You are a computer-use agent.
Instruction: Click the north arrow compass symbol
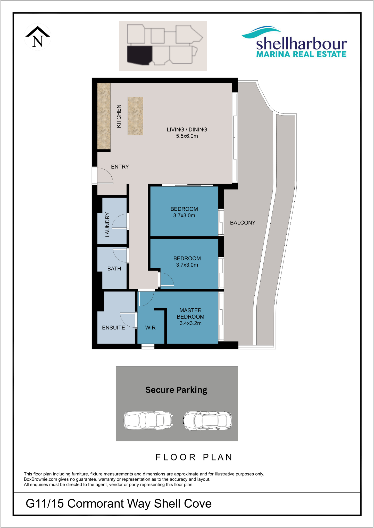tap(38, 37)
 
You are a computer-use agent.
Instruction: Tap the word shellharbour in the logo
tap(302, 44)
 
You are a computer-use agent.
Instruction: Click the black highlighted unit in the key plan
tap(139, 55)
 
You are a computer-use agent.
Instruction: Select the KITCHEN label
tap(119, 116)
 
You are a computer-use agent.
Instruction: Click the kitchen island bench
tap(135, 116)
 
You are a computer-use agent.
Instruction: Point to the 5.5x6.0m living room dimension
tap(187, 136)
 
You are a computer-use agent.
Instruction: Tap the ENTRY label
tap(120, 167)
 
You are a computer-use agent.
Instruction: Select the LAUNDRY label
tap(107, 225)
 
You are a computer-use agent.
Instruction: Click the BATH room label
tap(114, 269)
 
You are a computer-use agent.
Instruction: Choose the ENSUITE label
tap(113, 328)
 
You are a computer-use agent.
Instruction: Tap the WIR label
tap(150, 328)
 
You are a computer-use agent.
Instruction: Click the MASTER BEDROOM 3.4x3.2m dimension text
tap(190, 323)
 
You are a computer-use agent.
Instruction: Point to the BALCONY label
tap(243, 223)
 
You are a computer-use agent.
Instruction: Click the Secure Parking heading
tap(176, 390)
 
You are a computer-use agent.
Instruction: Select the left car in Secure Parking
tap(148, 420)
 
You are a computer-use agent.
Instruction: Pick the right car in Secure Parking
tap(207, 421)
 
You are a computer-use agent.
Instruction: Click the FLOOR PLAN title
tap(194, 457)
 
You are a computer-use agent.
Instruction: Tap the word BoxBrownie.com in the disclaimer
tap(40, 479)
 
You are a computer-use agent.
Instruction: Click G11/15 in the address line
tap(45, 504)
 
